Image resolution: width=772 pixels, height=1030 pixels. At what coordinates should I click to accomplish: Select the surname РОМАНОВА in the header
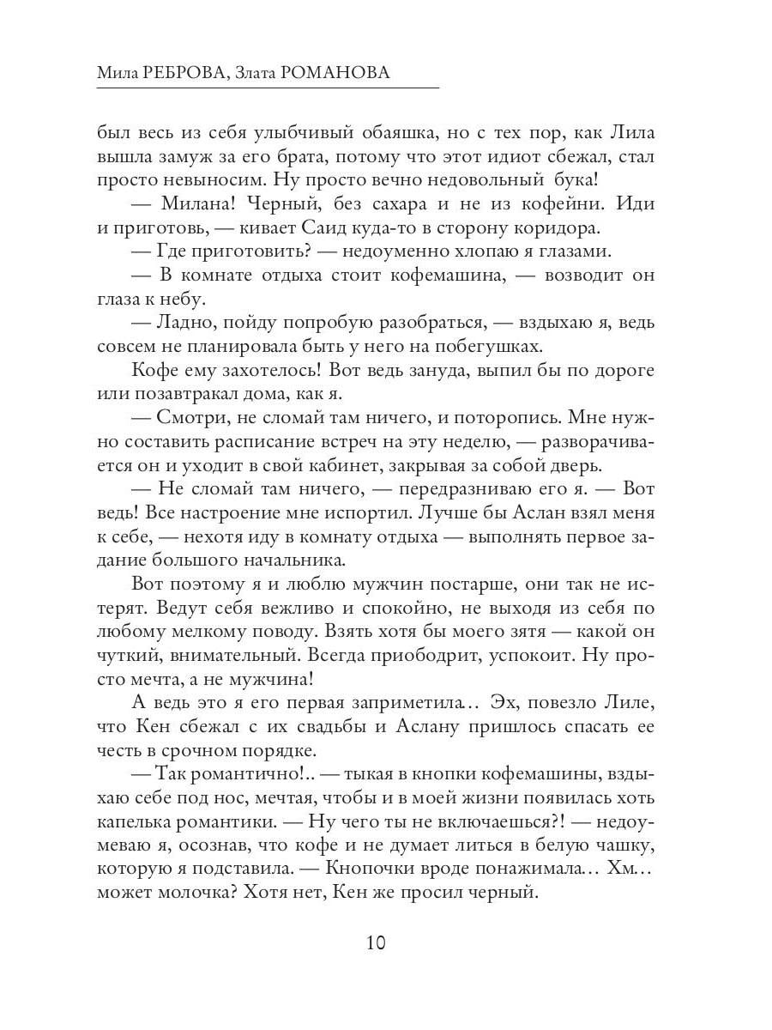335,74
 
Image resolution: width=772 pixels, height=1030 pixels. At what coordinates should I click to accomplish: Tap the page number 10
376,942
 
